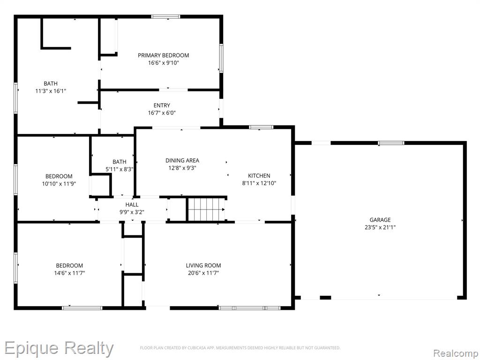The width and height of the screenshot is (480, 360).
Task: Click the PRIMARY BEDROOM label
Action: (163, 55)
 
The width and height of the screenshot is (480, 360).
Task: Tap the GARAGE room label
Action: (380, 220)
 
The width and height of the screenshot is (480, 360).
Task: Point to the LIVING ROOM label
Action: (203, 265)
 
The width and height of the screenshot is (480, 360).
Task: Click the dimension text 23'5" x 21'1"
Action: (380, 227)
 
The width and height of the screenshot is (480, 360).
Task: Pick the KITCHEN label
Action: (259, 176)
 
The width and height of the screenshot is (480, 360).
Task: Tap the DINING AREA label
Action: (182, 160)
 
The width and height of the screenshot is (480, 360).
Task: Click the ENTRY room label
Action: (162, 105)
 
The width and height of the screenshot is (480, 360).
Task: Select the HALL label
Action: (132, 204)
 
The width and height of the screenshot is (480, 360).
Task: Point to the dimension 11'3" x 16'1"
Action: (51, 91)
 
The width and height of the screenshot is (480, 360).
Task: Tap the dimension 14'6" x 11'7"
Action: (69, 273)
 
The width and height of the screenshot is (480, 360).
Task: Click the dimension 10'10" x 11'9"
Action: (59, 184)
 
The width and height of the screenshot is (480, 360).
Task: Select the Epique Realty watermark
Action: (59, 348)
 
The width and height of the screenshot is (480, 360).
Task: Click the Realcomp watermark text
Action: (456, 353)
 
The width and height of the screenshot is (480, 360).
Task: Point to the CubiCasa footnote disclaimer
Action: (240, 348)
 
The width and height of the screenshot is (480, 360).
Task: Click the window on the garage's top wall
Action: (391, 143)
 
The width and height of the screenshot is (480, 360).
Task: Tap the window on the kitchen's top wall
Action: (261, 127)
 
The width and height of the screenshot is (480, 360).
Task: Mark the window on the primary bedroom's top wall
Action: (165, 16)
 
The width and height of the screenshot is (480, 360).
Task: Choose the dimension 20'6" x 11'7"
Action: (203, 273)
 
